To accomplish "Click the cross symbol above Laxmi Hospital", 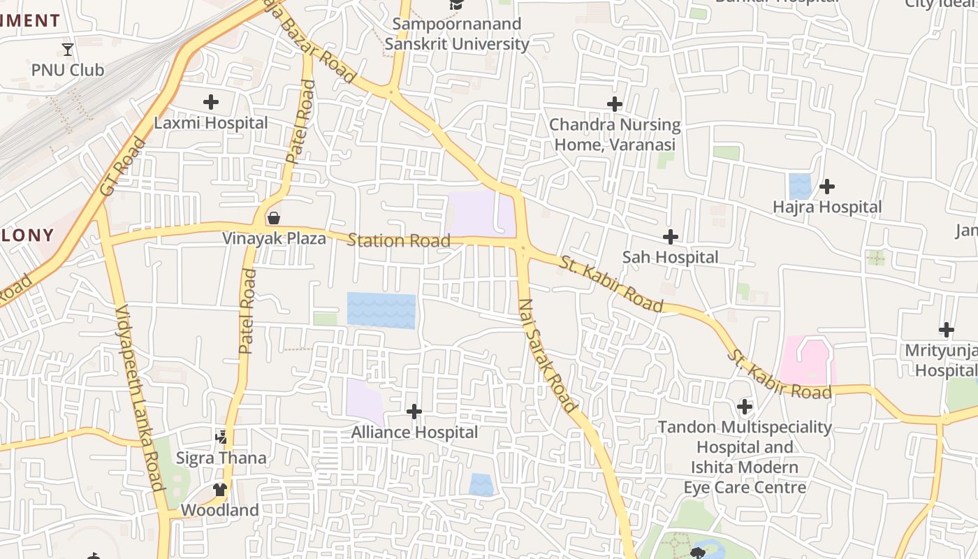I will point(210,102).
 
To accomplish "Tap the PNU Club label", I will point(68,70).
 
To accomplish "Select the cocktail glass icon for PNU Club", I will point(68,49).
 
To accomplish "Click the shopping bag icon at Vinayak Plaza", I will point(274,218).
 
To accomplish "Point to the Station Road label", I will point(398,241).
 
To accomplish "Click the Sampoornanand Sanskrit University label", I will point(457,34).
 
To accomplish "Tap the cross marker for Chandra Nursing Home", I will point(615,104).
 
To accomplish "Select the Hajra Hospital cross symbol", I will point(827,187).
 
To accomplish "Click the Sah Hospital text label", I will point(670,257).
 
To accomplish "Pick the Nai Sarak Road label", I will point(548,355).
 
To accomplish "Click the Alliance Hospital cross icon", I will point(414,412).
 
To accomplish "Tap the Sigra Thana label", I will point(221,458).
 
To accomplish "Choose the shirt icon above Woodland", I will point(220,489).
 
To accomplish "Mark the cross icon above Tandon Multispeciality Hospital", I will point(745,406).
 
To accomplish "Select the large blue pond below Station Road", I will point(381,311).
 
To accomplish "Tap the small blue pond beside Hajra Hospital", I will point(800,187).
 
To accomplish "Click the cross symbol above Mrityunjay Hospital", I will point(947,329).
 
